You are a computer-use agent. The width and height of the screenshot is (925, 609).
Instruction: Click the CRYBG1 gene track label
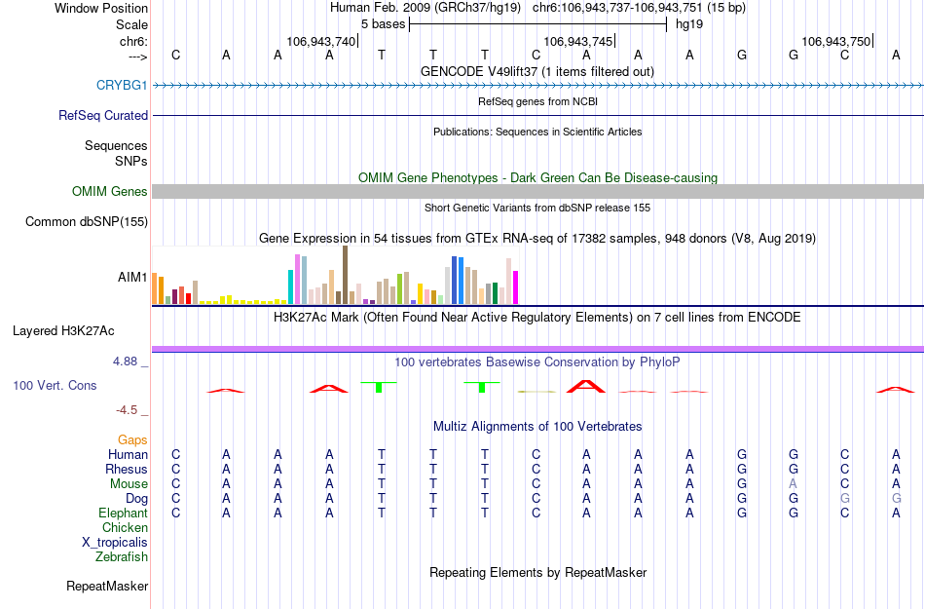pos(122,86)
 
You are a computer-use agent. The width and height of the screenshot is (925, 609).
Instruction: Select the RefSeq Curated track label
pos(103,115)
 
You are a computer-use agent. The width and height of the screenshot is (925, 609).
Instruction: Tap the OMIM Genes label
pos(110,192)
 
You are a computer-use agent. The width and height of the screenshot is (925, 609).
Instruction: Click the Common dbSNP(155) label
pos(87,222)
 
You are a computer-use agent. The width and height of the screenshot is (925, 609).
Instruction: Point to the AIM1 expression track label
pos(132,278)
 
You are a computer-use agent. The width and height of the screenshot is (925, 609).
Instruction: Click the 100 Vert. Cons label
pos(55,386)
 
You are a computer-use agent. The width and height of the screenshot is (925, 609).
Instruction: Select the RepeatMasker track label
pos(107,587)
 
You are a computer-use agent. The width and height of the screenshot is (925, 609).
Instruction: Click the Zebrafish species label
pos(122,557)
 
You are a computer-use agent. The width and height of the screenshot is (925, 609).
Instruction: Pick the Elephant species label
pos(123,514)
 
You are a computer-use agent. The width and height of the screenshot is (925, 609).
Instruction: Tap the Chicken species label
pos(125,528)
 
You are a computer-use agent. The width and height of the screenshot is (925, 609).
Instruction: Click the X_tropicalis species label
pos(115,543)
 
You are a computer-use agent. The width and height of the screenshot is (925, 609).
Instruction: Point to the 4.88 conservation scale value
pos(130,362)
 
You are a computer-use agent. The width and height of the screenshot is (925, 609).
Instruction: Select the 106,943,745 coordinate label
pos(578,41)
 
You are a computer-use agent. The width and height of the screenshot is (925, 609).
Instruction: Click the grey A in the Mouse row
pos(794,484)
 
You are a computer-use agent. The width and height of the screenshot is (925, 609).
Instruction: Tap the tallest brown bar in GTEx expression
pos(345,275)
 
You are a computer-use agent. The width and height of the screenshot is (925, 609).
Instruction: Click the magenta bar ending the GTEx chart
pos(515,287)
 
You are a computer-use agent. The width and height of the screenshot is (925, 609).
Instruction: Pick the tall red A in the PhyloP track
pos(586,386)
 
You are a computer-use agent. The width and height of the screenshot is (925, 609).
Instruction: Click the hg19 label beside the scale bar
pos(689,23)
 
